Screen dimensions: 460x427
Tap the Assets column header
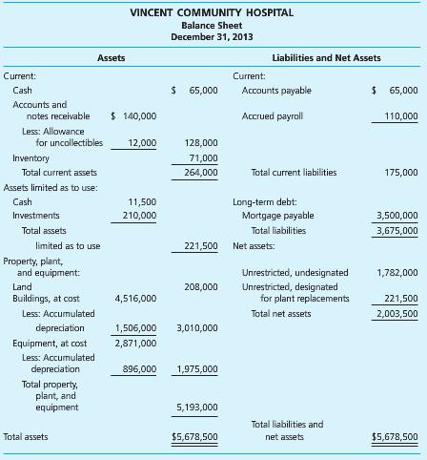point(111,58)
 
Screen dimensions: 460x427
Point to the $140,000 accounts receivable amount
point(134,115)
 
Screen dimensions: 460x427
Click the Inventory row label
point(31,157)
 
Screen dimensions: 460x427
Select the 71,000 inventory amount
point(202,157)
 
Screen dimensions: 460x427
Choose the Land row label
point(22,286)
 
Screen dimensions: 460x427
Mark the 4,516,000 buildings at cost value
point(135,298)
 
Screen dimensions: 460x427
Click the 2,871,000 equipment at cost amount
point(135,343)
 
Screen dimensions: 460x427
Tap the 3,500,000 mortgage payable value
point(396,216)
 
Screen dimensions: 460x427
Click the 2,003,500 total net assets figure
point(396,313)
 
